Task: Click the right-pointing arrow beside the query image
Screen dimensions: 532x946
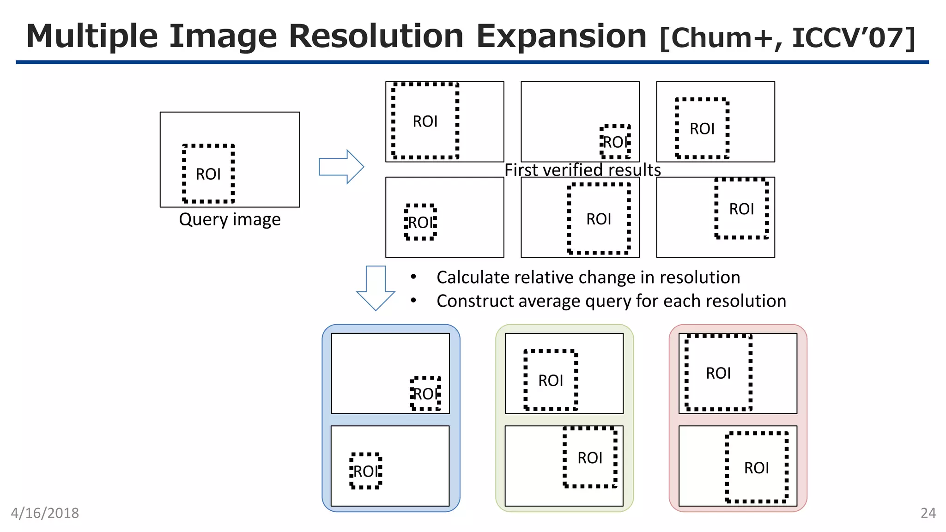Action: pyautogui.click(x=341, y=167)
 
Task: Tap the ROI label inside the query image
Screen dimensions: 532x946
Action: pyautogui.click(x=208, y=175)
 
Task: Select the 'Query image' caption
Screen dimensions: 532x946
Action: pyautogui.click(x=230, y=219)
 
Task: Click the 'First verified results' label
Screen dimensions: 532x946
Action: pyautogui.click(x=582, y=170)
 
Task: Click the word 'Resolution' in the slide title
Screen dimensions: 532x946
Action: pyautogui.click(x=376, y=36)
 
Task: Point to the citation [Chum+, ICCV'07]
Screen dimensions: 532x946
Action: pyautogui.click(x=787, y=38)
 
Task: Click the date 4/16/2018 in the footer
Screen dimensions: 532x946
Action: pyautogui.click(x=45, y=513)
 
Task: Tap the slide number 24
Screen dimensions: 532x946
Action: pyautogui.click(x=928, y=513)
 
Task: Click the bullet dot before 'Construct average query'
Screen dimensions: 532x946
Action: pyautogui.click(x=413, y=301)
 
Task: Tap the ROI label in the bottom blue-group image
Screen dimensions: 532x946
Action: pyautogui.click(x=366, y=472)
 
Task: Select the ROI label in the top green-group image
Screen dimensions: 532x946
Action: pyautogui.click(x=551, y=381)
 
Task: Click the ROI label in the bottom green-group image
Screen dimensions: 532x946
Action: pyautogui.click(x=590, y=458)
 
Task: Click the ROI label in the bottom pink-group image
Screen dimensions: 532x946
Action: pyautogui.click(x=756, y=468)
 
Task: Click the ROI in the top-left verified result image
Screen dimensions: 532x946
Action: pyautogui.click(x=425, y=121)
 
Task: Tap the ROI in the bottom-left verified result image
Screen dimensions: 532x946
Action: pyautogui.click(x=420, y=223)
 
